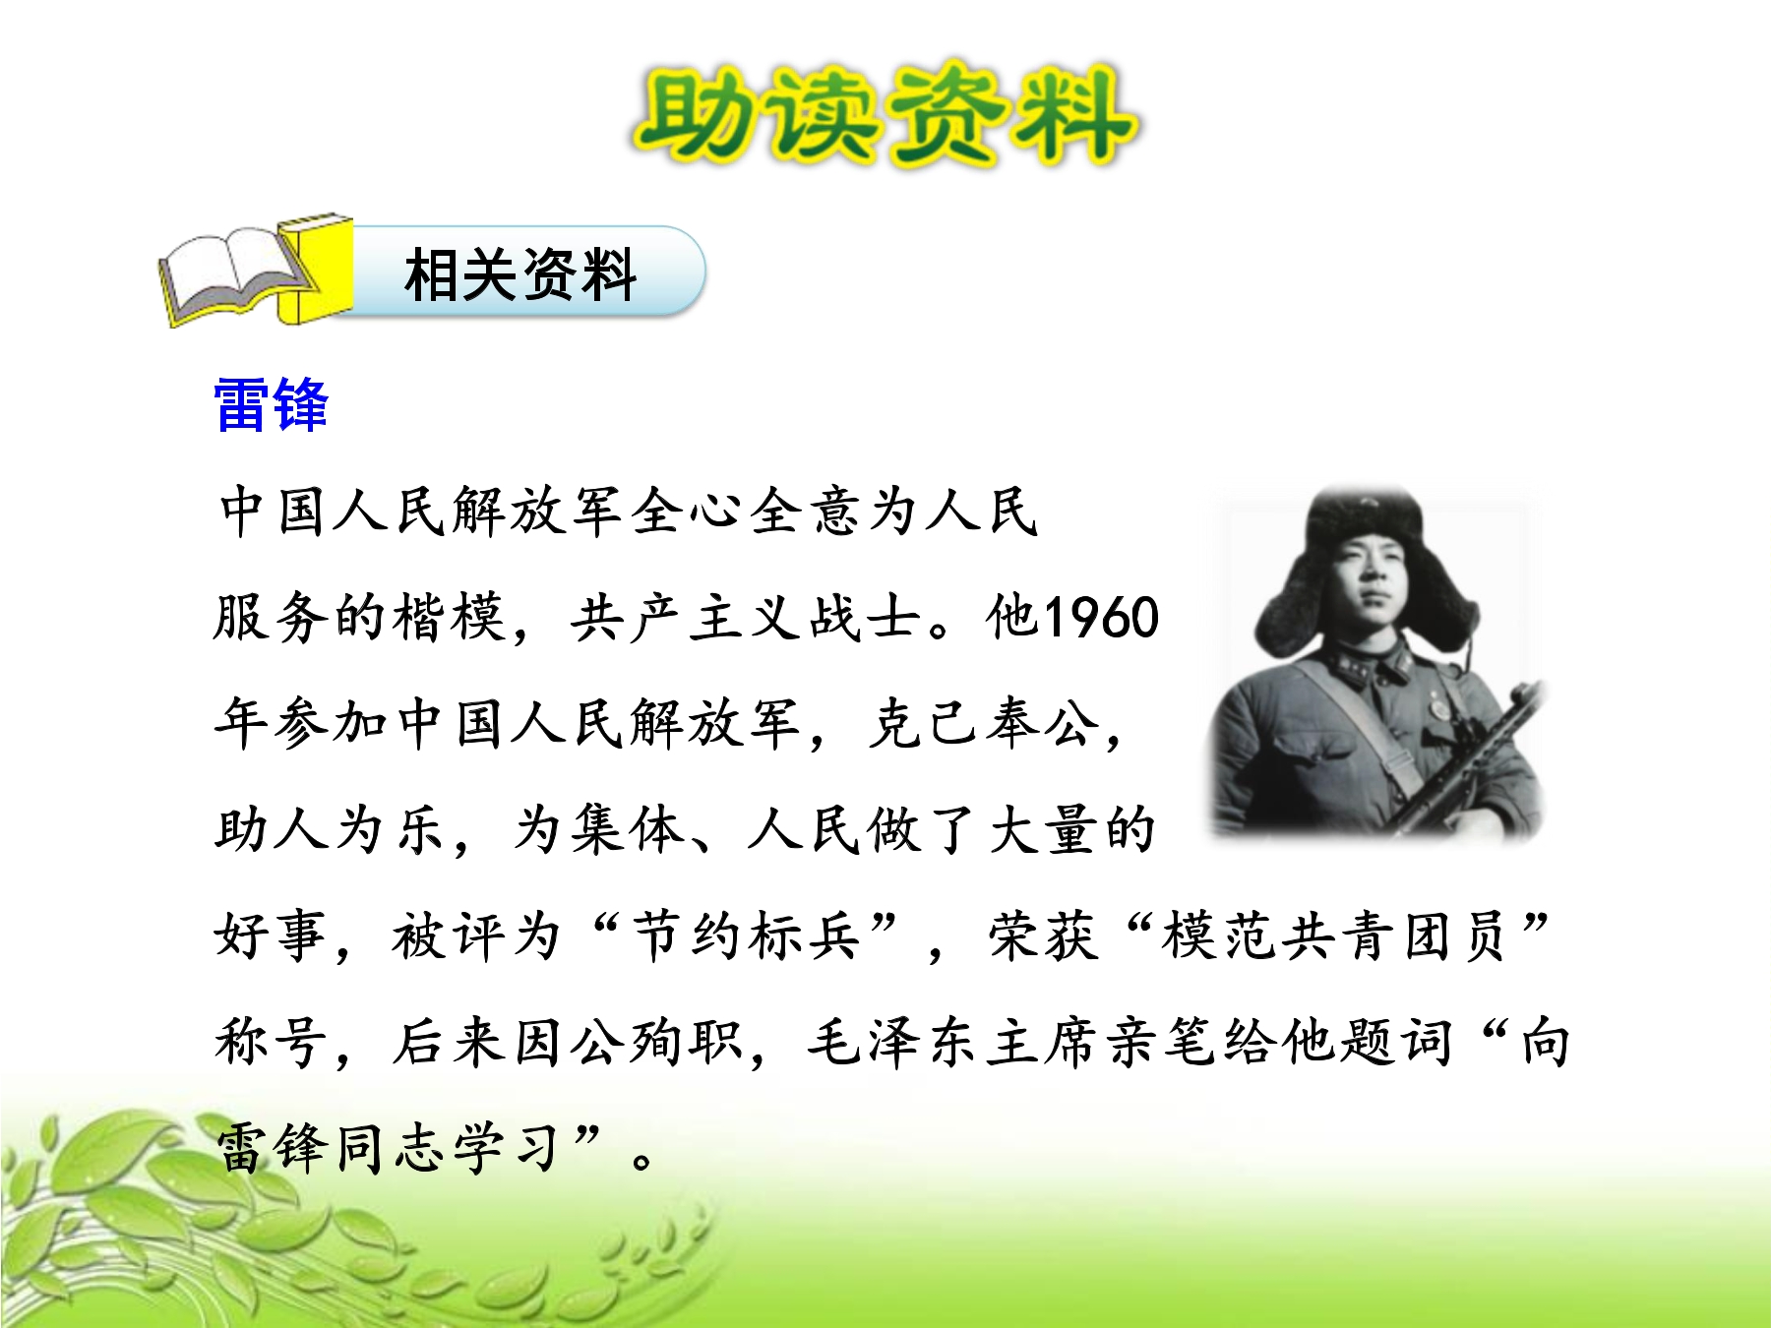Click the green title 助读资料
coord(885,115)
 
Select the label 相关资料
coord(520,274)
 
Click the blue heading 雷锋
coord(271,404)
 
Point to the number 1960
coord(1101,618)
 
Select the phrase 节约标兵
coord(748,936)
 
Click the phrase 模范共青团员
coord(1334,936)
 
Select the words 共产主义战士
coord(745,618)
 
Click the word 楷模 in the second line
coord(450,618)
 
